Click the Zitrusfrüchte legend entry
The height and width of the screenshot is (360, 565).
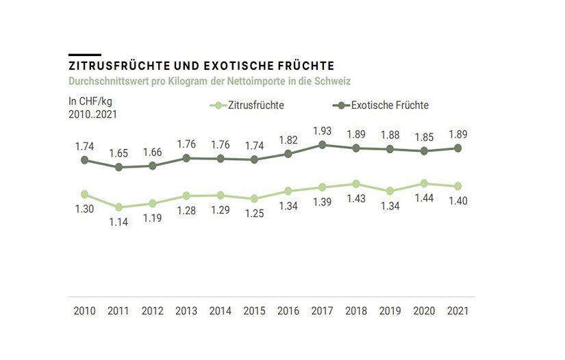pos(248,105)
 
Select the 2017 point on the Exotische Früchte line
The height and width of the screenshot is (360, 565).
pos(322,145)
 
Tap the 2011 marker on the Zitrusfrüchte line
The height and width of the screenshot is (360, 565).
pos(118,207)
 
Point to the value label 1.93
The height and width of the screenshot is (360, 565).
pos(322,130)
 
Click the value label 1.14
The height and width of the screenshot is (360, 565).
pos(118,222)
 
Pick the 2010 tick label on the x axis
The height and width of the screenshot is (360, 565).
pos(84,311)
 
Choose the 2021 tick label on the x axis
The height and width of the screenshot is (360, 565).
pos(457,311)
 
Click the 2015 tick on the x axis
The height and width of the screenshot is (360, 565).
pos(254,311)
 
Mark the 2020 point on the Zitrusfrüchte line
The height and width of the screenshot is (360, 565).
pos(424,183)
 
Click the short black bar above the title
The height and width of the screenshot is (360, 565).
pos(84,54)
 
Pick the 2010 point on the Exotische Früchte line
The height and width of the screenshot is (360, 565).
pos(84,160)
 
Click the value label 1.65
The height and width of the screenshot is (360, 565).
pos(118,152)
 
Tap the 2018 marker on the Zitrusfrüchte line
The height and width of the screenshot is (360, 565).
pos(356,184)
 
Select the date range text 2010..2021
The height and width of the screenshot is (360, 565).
pos(92,114)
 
